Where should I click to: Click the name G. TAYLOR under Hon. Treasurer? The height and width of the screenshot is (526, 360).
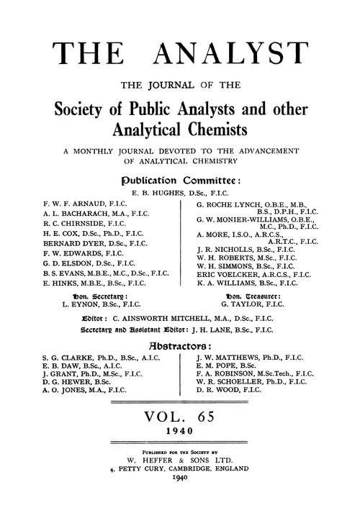pyautogui.click(x=246, y=325)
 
